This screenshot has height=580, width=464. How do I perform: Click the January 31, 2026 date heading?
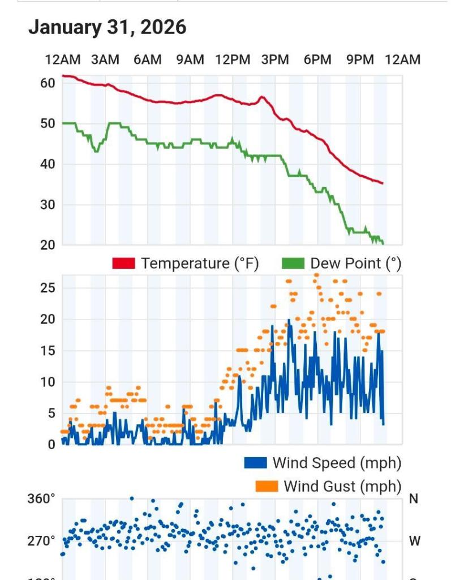pyautogui.click(x=107, y=27)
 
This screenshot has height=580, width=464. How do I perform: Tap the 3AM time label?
pyautogui.click(x=105, y=59)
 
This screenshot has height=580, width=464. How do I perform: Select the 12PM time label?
pyautogui.click(x=233, y=59)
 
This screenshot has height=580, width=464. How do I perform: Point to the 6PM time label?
pyautogui.click(x=317, y=59)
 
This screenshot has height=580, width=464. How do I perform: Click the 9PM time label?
pyautogui.click(x=360, y=59)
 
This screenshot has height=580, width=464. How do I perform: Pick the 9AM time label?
pyautogui.click(x=190, y=59)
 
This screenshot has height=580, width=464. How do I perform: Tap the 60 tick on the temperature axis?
pyautogui.click(x=48, y=83)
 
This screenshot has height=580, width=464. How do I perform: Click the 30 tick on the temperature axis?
pyautogui.click(x=48, y=205)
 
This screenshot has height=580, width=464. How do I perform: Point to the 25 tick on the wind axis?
pyautogui.click(x=48, y=288)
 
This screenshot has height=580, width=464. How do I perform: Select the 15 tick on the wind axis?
pyautogui.click(x=48, y=351)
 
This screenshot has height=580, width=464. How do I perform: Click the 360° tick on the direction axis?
pyautogui.click(x=41, y=499)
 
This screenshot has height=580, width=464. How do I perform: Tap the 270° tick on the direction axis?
pyautogui.click(x=41, y=541)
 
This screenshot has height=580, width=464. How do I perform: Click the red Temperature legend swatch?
pyautogui.click(x=124, y=263)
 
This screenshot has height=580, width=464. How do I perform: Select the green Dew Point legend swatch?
pyautogui.click(x=293, y=263)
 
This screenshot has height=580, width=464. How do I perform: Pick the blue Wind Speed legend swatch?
pyautogui.click(x=255, y=463)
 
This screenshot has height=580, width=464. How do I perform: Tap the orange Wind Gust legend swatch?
pyautogui.click(x=267, y=486)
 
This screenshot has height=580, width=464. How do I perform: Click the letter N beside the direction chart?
pyautogui.click(x=414, y=499)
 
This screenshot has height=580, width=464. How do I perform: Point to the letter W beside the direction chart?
pyautogui.click(x=415, y=541)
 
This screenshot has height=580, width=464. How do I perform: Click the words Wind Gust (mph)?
pyautogui.click(x=342, y=486)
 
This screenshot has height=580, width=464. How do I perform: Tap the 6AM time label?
pyautogui.click(x=148, y=59)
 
